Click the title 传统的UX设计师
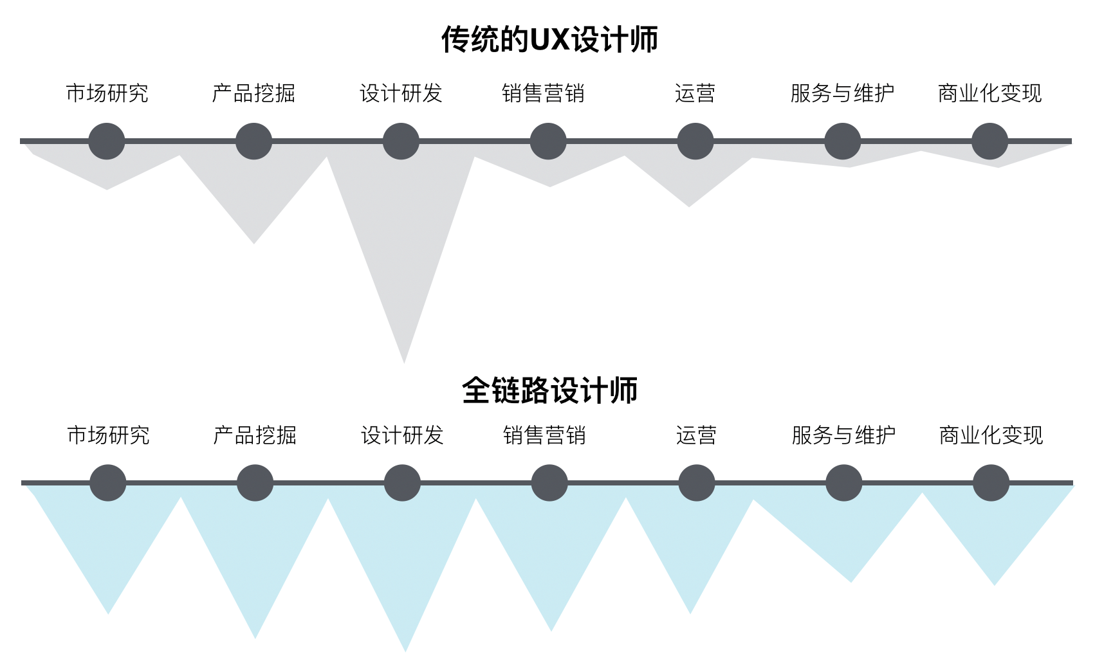tap(549, 39)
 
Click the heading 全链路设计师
tap(549, 390)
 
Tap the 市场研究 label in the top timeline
tap(107, 93)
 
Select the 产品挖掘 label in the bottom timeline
tap(255, 435)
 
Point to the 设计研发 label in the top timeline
tap(401, 93)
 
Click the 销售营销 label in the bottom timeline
tap(544, 435)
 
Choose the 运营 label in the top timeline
tap(695, 93)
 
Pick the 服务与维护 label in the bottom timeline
tap(843, 435)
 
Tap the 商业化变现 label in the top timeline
tap(989, 93)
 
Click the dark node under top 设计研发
tap(401, 141)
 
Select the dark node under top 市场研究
tap(107, 141)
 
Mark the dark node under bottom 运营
tap(697, 483)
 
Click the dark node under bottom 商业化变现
tap(991, 483)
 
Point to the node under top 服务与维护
tap(842, 141)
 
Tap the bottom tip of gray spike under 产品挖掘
tap(253, 242)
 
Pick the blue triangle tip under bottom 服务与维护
tap(851, 580)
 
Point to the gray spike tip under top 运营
tap(689, 204)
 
